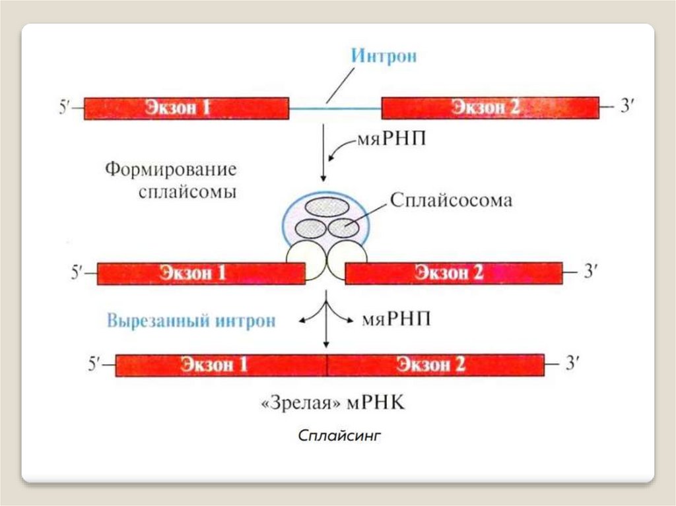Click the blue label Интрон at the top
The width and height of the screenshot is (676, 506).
384,55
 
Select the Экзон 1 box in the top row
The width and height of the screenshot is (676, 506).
186,108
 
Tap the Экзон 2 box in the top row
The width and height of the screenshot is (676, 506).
490,108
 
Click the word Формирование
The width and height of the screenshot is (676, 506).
171,170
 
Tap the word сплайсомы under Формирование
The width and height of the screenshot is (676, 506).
188,193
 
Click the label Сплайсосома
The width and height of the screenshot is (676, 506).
451,200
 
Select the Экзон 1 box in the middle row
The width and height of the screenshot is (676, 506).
201,273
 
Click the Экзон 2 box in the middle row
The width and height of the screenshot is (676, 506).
454,273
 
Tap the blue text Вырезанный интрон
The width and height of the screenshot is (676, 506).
191,321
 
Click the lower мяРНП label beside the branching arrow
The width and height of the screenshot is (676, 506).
397,320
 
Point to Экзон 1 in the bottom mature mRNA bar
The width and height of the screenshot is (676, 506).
220,365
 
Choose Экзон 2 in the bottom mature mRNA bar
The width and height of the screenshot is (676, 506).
435,365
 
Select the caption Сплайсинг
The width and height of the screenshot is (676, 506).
339,436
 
